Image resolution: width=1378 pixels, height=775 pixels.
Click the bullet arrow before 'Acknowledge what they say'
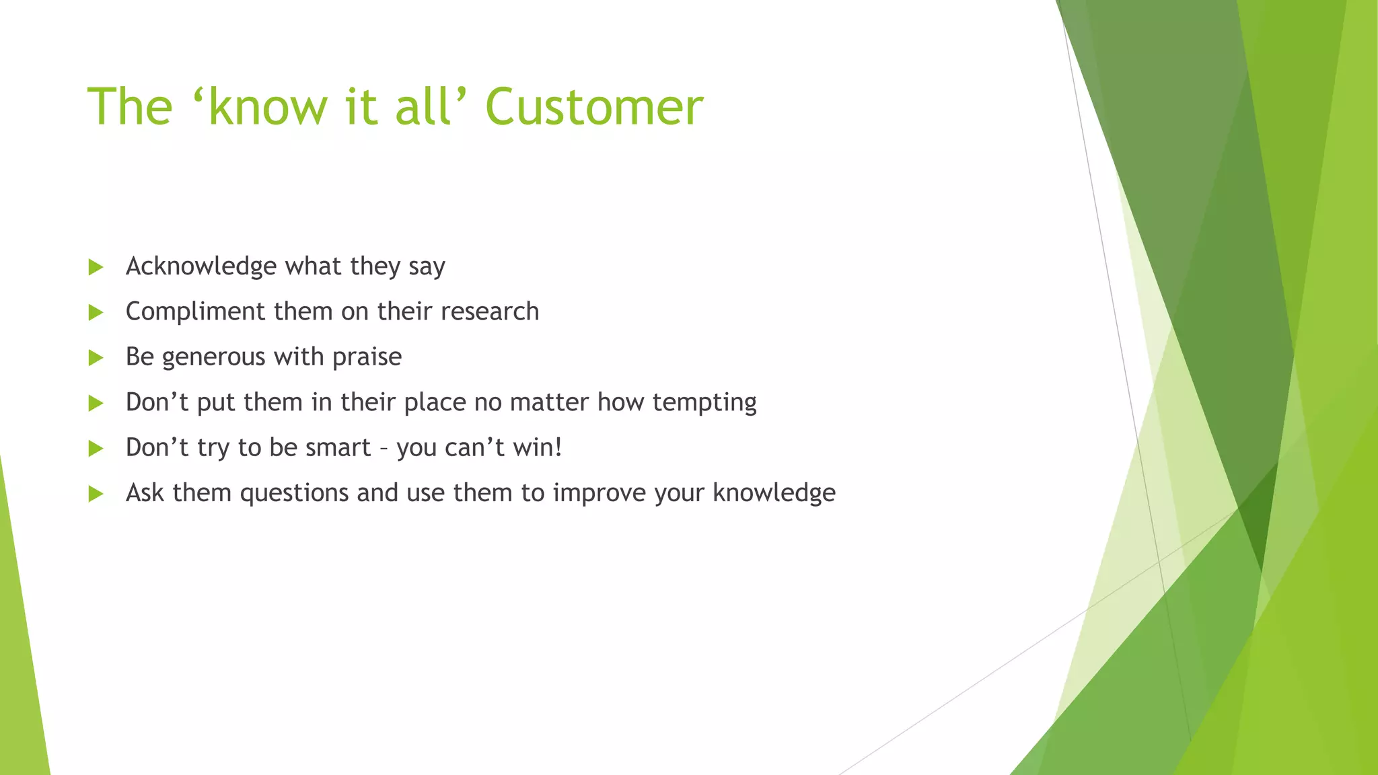pos(96,267)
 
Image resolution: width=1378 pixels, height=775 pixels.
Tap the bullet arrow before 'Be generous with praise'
pos(96,358)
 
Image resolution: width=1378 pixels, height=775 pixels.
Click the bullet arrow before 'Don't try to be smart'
pos(96,449)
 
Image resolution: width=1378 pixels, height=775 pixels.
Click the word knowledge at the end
pos(774,493)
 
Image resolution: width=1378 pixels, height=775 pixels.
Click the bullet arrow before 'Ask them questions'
pos(96,494)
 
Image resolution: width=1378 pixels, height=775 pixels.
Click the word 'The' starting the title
pos(130,108)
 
